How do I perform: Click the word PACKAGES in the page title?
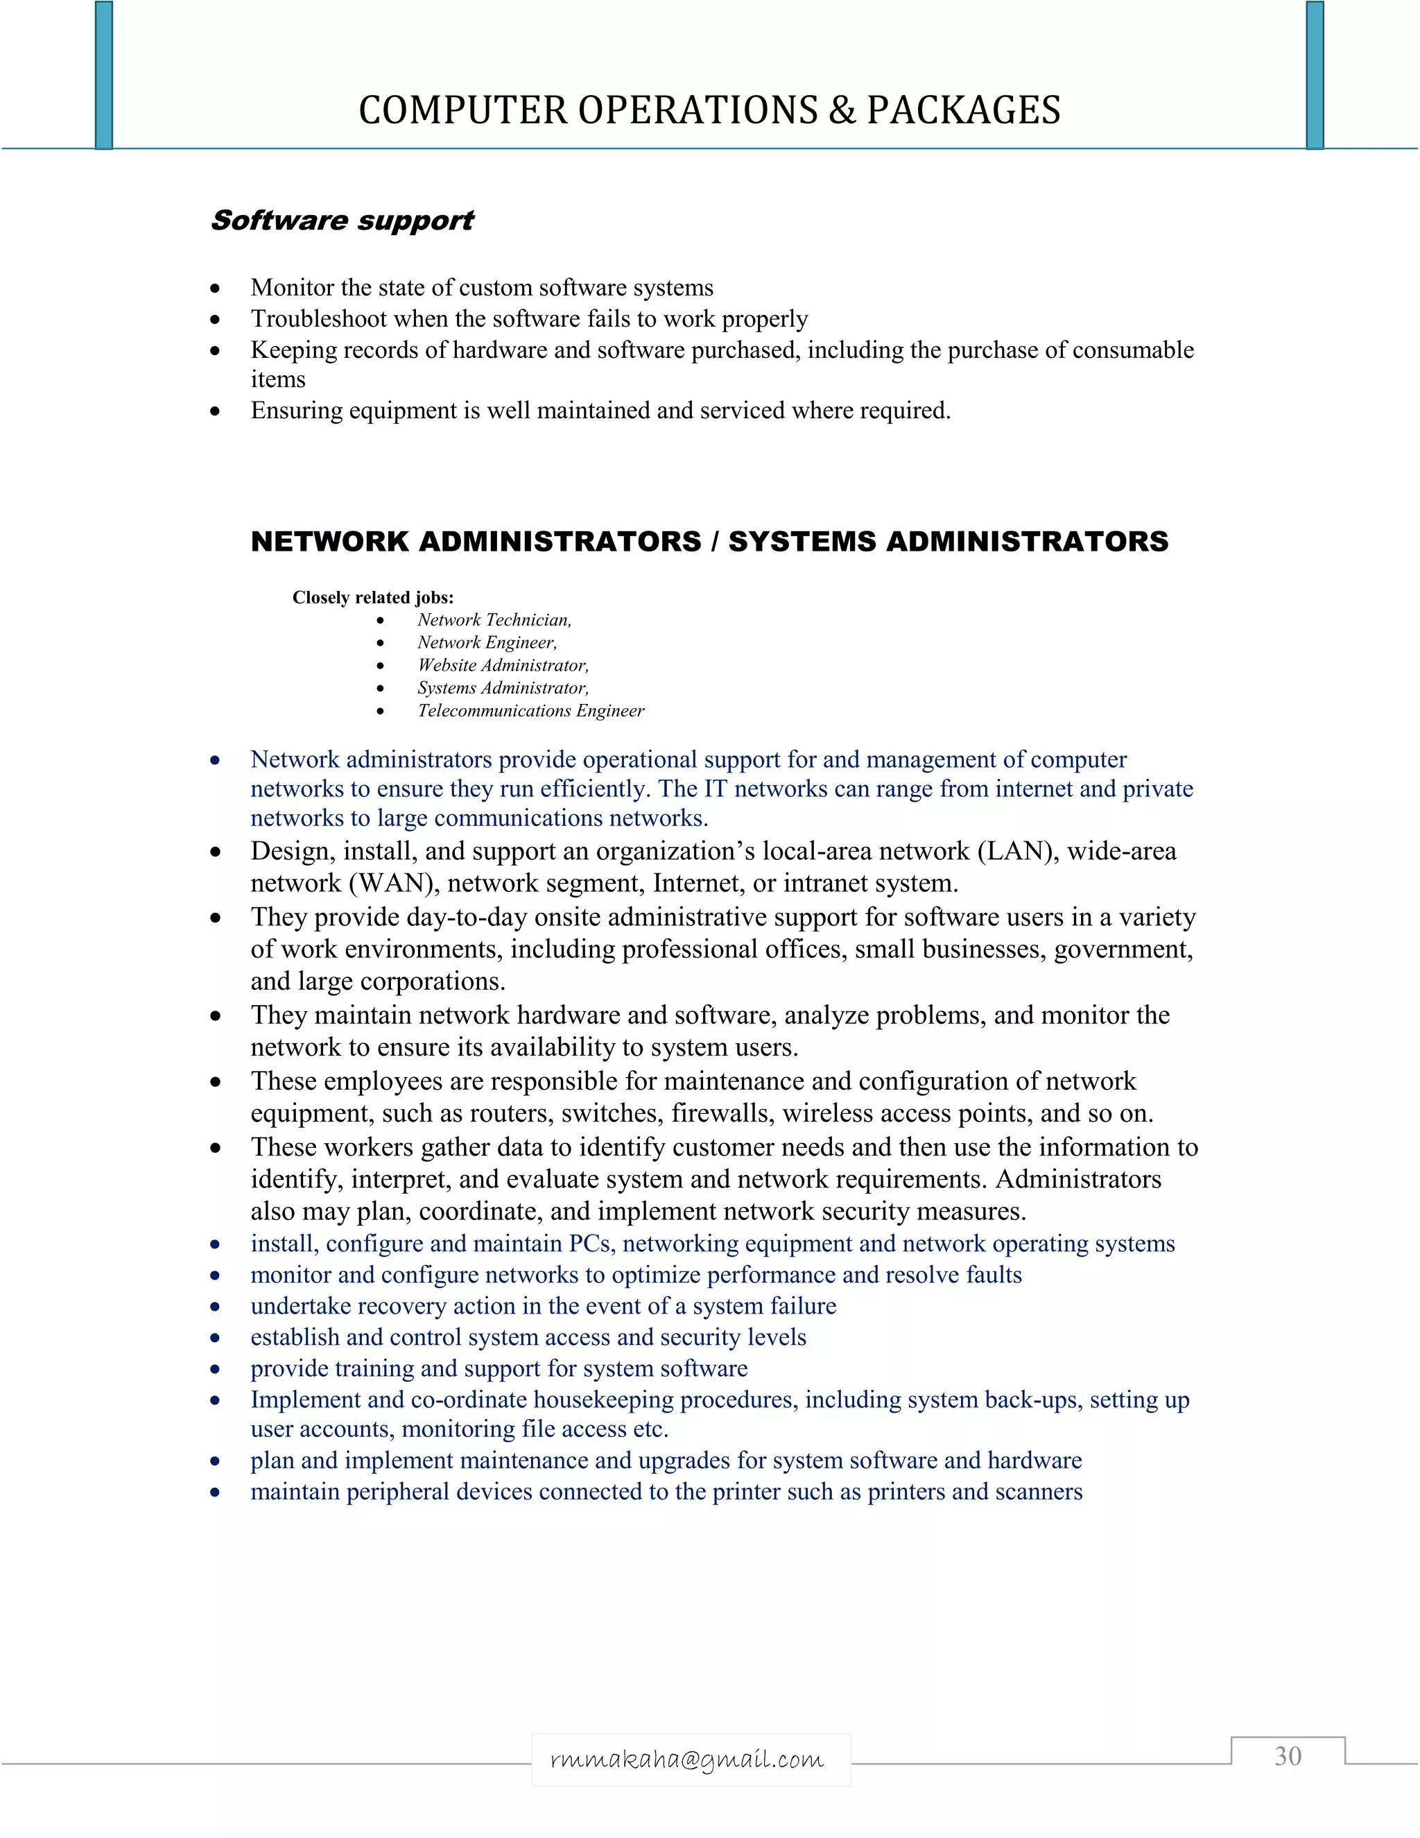click(x=963, y=110)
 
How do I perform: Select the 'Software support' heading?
click(x=343, y=221)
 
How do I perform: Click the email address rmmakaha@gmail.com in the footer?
click(x=687, y=1759)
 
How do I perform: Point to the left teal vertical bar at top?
click(x=103, y=76)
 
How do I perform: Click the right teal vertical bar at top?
click(x=1315, y=76)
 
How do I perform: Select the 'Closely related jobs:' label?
click(x=372, y=597)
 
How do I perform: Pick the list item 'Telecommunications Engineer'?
click(x=531, y=711)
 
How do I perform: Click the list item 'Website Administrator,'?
click(x=503, y=666)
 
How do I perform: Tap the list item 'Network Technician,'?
click(x=494, y=620)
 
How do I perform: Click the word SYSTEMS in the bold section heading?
click(x=801, y=541)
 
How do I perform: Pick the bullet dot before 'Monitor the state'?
click(x=216, y=289)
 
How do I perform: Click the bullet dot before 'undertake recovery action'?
click(x=216, y=1307)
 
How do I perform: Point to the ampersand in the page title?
click(x=842, y=110)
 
